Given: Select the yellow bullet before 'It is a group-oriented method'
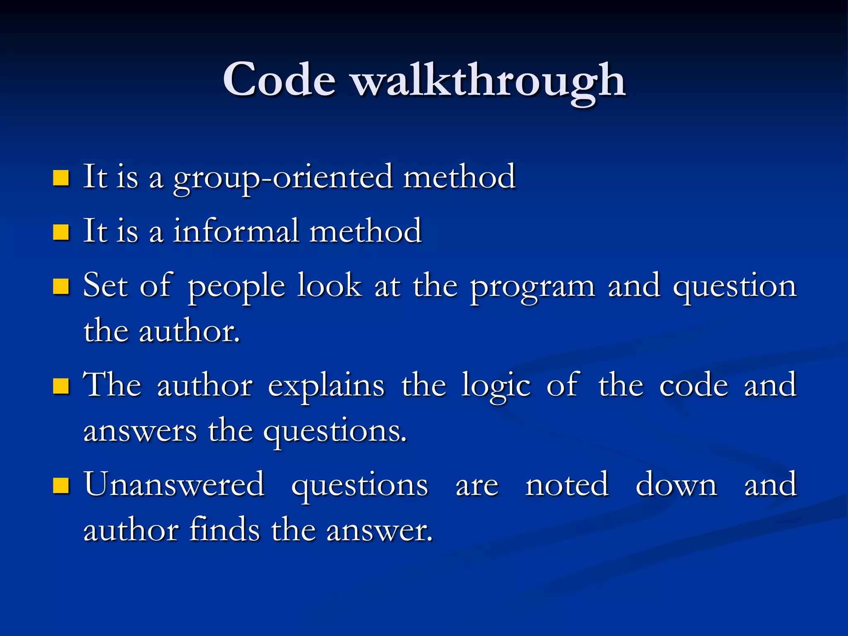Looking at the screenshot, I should pos(61,178).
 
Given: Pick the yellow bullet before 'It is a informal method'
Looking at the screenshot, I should pos(61,232).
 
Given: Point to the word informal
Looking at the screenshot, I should pos(236,231).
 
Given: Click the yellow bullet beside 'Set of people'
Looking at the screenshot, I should pos(61,287).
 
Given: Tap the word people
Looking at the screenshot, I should pos(236,287).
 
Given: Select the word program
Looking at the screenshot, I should pos(532,287).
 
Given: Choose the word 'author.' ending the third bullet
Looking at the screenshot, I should pos(189,332).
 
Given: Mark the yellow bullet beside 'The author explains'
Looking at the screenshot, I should pos(61,386).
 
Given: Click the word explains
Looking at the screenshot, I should pos(326,386).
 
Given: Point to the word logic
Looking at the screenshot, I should pos(496,386).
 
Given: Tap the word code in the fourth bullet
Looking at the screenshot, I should pos(693,386).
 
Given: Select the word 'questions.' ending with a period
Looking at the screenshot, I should pos(335,431).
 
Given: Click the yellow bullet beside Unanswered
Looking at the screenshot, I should pos(61,486).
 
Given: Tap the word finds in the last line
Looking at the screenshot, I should pos(224,530).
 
